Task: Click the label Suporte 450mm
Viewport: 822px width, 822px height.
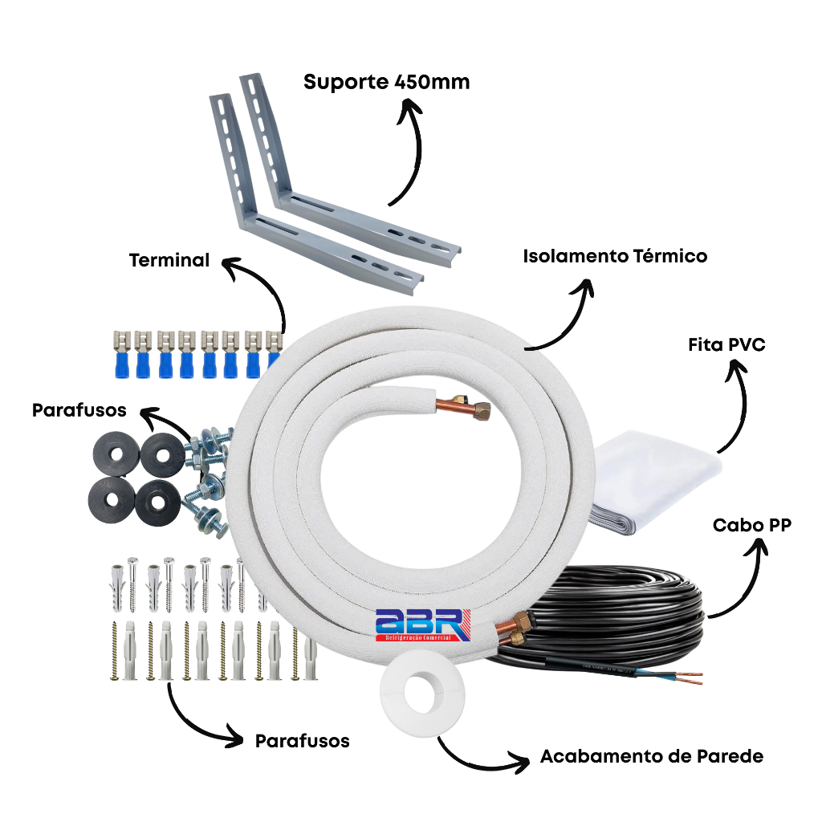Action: coord(386,82)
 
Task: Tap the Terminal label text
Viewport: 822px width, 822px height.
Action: coord(169,260)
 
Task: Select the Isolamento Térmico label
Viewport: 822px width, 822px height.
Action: coord(615,256)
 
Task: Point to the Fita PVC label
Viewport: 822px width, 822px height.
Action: coord(726,345)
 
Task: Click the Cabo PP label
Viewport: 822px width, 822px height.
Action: coord(752,525)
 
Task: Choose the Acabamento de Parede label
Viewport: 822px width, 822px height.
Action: coord(651,756)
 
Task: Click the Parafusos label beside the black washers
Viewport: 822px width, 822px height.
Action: coord(79,410)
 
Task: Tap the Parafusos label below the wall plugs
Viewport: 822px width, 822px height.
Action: coord(302,740)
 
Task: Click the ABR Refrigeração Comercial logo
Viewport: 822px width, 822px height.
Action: coord(419,625)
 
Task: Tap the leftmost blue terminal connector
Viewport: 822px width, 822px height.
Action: coord(123,353)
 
